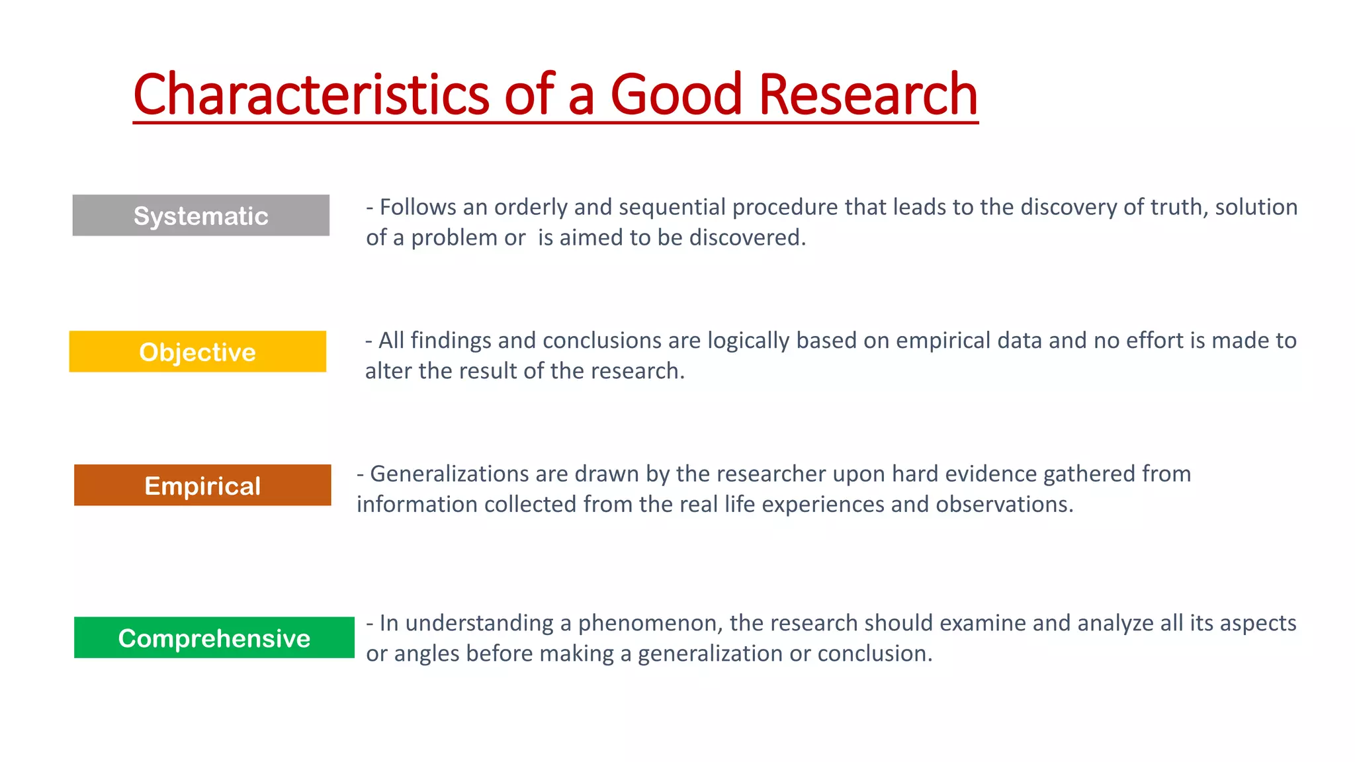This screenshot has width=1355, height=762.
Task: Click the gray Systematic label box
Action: point(200,216)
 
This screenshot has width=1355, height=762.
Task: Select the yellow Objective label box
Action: point(197,352)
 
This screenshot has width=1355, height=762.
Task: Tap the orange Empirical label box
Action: point(202,486)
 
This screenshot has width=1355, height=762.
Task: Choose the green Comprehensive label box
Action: point(214,638)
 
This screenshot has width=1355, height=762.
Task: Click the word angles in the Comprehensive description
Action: point(427,654)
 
